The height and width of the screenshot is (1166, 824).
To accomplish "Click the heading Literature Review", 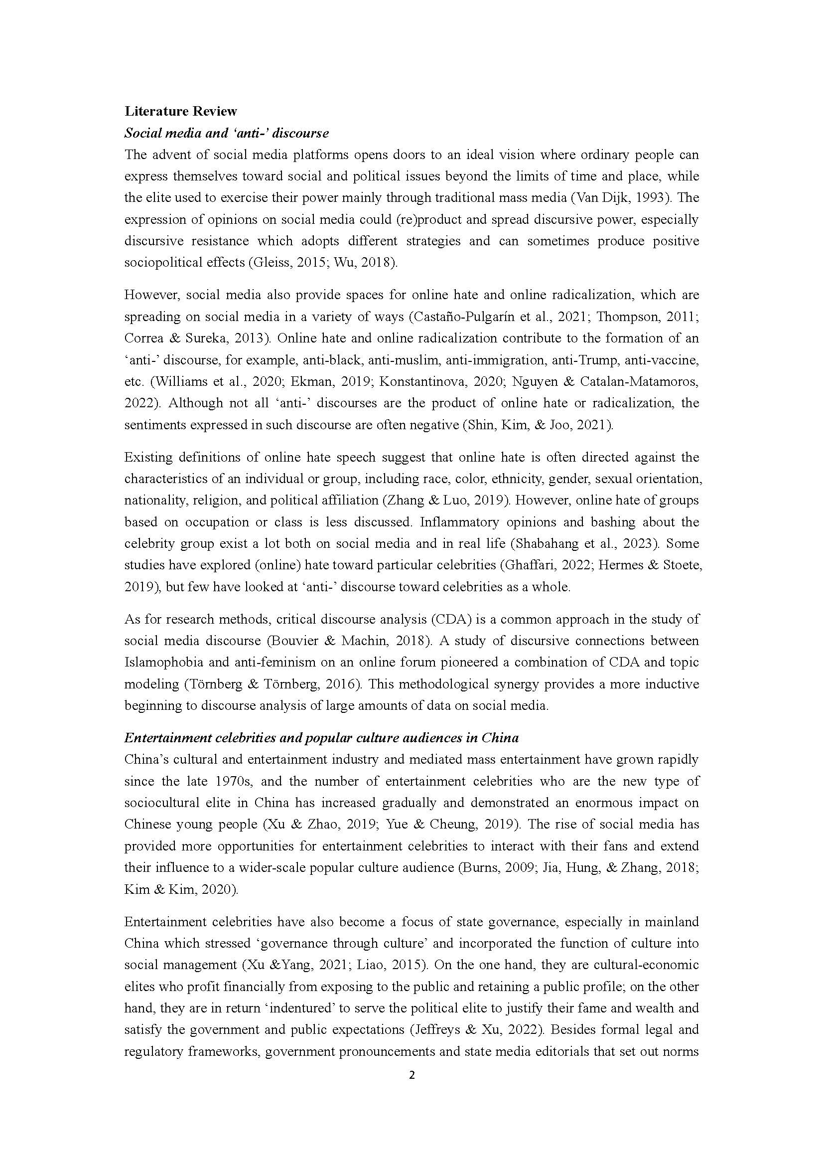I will pyautogui.click(x=181, y=111).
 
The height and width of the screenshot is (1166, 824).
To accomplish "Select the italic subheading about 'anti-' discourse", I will pyautogui.click(x=226, y=133).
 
